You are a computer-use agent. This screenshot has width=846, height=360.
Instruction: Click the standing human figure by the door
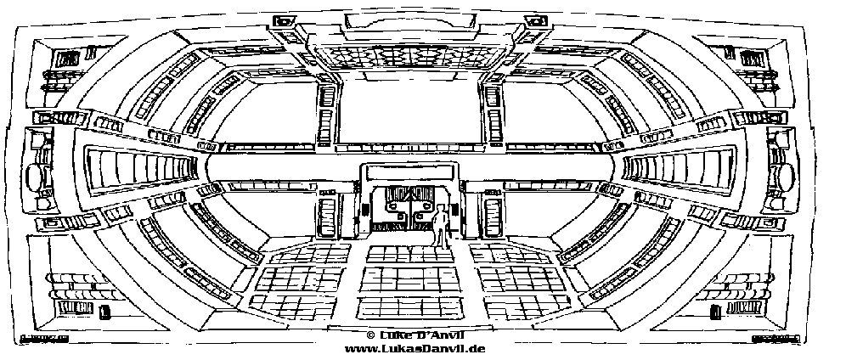tap(440, 227)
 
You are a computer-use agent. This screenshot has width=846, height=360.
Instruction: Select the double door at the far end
tap(409, 207)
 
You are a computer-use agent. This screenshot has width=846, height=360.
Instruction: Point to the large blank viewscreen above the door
tap(409, 112)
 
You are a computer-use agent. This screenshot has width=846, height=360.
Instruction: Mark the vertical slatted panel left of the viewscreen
tap(326, 115)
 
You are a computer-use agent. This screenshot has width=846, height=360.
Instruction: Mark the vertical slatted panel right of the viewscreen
tap(491, 115)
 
